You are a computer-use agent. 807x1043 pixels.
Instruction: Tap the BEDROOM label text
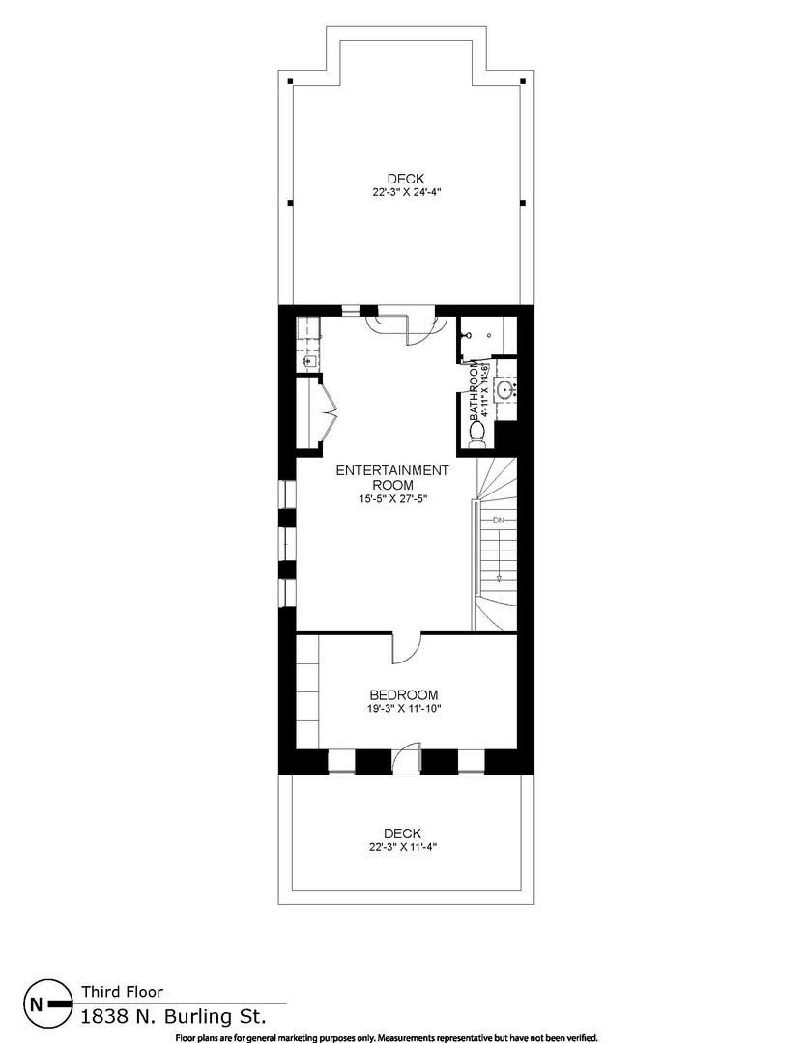click(x=404, y=694)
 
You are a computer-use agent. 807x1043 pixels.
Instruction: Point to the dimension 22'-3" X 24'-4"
click(x=406, y=192)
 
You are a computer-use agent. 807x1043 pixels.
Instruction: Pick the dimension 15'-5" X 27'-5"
click(x=392, y=499)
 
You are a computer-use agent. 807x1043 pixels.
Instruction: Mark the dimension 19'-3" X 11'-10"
click(x=404, y=709)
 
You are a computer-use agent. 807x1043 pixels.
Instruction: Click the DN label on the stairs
click(x=499, y=521)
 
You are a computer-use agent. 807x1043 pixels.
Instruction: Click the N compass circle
click(x=37, y=1003)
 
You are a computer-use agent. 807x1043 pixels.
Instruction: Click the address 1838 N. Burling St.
click(x=172, y=1016)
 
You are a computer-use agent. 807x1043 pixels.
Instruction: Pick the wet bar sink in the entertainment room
click(x=307, y=361)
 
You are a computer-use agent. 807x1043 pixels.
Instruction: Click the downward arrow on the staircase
click(x=499, y=576)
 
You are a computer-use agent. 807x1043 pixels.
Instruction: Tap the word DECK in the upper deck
click(x=406, y=178)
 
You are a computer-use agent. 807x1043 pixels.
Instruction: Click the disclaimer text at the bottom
click(x=387, y=1037)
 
